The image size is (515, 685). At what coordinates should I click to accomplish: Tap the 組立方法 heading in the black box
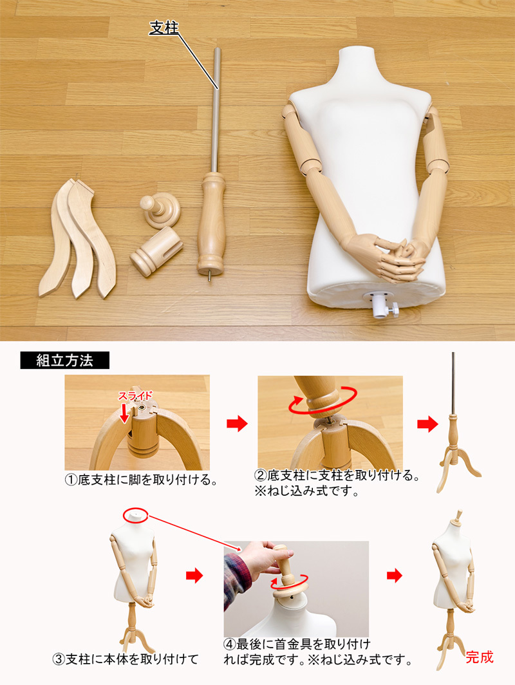64,361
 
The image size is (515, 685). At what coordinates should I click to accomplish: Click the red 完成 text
479,657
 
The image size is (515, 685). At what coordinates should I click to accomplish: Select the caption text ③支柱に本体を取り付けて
126,659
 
